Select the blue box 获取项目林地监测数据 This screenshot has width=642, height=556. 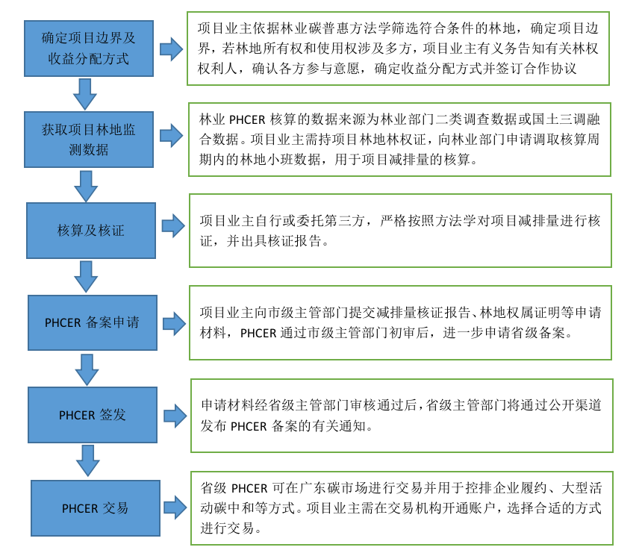(89, 139)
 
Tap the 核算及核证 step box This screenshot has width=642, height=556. (91, 230)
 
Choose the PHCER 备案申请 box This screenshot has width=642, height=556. (92, 322)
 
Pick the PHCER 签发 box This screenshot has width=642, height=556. (93, 415)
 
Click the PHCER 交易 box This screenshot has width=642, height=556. (95, 507)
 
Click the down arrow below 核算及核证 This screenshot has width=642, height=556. (86, 276)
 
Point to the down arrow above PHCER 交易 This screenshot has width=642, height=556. (88, 460)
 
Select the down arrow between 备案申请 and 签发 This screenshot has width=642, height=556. (87, 369)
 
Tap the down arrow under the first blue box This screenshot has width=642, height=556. (85, 93)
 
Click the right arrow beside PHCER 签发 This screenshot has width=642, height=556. (175, 416)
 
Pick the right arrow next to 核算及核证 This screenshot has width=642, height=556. (173, 225)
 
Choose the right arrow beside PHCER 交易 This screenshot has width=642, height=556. (175, 507)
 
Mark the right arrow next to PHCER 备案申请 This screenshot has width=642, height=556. (174, 323)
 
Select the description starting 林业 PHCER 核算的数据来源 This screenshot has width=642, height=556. (399, 139)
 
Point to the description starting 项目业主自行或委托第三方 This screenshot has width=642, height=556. (399, 230)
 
